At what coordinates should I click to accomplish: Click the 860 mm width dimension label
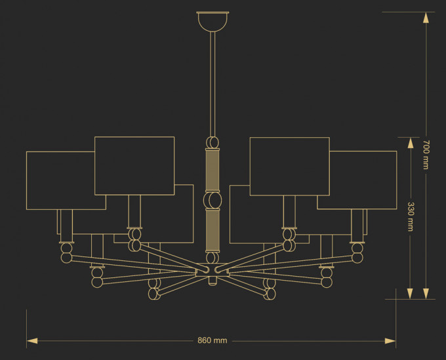click(x=213, y=340)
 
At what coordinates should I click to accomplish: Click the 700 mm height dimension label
click(x=426, y=155)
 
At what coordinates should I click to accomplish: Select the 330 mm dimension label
click(x=410, y=216)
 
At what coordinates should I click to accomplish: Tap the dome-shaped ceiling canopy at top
click(x=213, y=22)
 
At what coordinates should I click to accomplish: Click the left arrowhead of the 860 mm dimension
click(x=32, y=341)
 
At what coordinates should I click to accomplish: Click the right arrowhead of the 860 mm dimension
click(x=390, y=341)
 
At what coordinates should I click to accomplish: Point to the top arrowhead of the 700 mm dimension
click(x=426, y=18)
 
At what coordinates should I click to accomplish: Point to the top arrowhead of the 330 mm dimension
click(x=410, y=143)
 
